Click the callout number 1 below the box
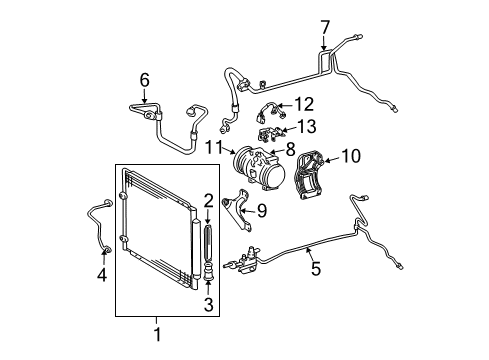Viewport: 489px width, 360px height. click(x=157, y=334)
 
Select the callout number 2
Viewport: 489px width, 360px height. click(x=209, y=201)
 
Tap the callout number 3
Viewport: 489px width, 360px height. click(x=209, y=305)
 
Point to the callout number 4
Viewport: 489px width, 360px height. click(x=102, y=275)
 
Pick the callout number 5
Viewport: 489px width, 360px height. click(x=316, y=268)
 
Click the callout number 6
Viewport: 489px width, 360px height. click(x=144, y=80)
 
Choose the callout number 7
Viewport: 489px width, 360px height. click(x=325, y=27)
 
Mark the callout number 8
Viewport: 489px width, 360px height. click(x=291, y=149)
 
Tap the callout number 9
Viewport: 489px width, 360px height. click(x=262, y=211)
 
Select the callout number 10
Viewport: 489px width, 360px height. click(x=351, y=156)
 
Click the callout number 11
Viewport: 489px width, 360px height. click(x=214, y=147)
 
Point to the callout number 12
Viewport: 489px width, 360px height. click(x=304, y=104)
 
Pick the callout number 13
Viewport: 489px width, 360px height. click(x=307, y=127)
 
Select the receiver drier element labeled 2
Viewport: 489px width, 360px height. click(x=208, y=243)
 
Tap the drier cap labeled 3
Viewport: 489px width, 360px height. click(x=209, y=271)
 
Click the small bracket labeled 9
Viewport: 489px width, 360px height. click(x=239, y=210)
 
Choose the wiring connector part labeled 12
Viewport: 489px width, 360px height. click(x=271, y=112)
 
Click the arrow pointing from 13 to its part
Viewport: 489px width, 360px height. click(x=289, y=130)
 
